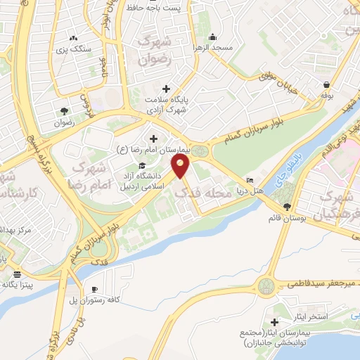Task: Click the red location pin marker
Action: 182,166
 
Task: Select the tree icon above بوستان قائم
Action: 286,206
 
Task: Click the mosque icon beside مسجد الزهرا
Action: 212,38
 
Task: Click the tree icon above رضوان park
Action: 65,110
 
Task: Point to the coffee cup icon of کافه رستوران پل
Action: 94,290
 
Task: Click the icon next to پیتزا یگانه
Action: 17,274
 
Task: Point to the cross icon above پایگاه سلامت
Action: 165,89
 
